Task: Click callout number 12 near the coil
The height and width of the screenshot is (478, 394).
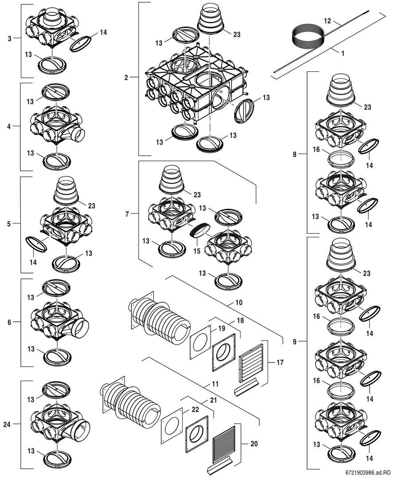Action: (x=328, y=21)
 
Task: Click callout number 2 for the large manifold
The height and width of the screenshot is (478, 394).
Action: (x=126, y=78)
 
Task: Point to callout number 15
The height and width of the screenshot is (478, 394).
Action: (x=197, y=251)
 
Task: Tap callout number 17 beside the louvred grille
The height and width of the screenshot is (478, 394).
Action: (x=280, y=362)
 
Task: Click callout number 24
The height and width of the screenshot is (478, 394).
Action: (x=7, y=424)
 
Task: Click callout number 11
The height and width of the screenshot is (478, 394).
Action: (x=215, y=385)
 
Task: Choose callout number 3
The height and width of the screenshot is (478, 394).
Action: (x=9, y=39)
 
